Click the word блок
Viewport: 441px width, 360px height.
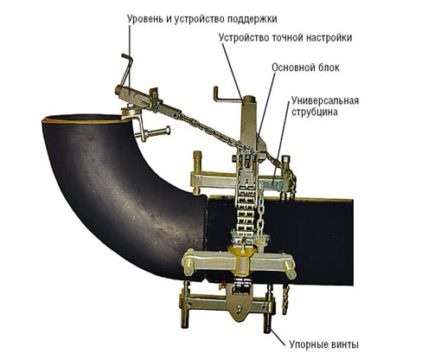tap(329, 67)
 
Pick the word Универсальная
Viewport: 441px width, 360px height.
tap(325, 100)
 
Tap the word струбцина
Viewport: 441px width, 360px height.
tap(314, 112)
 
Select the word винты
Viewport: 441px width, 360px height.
tap(343, 344)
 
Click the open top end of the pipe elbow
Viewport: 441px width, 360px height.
tap(85, 119)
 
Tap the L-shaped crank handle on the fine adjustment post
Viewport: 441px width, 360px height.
tap(227, 96)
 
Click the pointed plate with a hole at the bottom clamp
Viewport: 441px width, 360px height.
tap(239, 306)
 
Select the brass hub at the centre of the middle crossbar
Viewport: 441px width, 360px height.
tap(241, 260)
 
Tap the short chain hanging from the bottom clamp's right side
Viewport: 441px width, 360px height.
tap(285, 299)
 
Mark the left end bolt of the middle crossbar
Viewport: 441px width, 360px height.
tap(188, 266)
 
